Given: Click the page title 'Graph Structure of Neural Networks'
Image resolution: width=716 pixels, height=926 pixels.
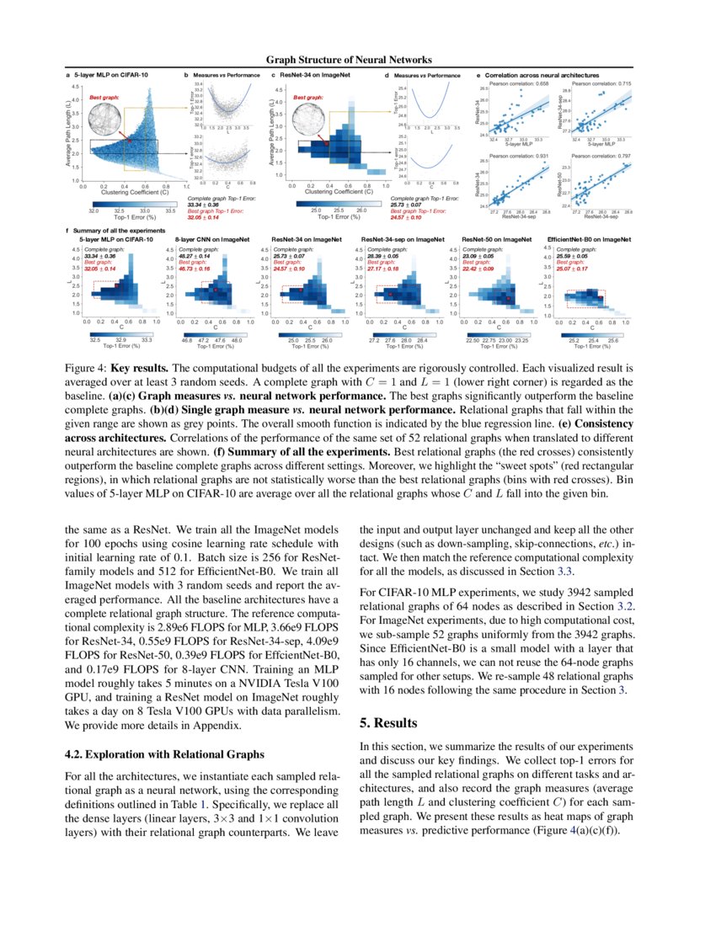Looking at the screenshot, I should point(349,60).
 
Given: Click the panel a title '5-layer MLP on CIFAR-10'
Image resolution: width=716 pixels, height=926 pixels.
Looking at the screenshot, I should point(113,76).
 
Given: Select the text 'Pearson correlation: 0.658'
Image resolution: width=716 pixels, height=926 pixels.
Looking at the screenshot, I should point(520,84).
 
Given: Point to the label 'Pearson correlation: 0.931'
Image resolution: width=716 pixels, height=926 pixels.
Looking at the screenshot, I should point(520,156).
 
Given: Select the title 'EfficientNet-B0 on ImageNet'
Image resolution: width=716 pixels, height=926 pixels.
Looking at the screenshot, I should point(589,240).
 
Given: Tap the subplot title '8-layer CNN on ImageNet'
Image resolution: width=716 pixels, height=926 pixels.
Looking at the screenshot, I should point(211,240).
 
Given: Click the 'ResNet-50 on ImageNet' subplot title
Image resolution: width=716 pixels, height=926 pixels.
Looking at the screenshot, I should point(494,240).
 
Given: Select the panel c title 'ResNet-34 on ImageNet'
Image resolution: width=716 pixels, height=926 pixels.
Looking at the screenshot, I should point(319,76).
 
